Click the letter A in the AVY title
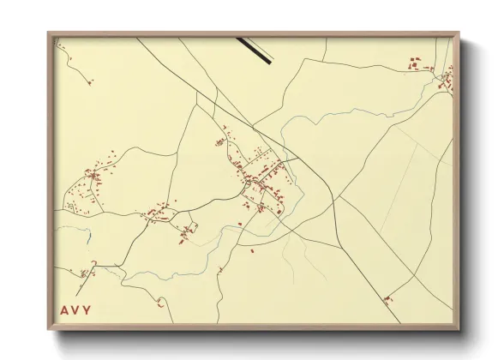[x=64, y=309]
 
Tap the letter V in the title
[x=76, y=309]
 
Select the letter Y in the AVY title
[x=88, y=309]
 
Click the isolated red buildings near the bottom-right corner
[x=387, y=299]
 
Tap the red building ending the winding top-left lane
[x=89, y=82]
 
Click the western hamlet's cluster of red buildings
[x=90, y=184]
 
